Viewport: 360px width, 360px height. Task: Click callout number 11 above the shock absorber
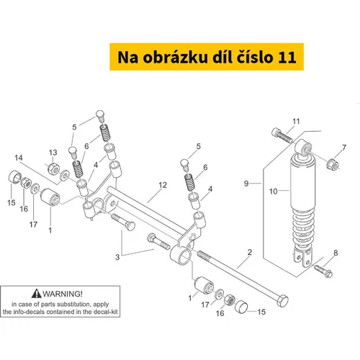[296, 122]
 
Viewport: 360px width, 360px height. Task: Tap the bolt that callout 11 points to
[282, 135]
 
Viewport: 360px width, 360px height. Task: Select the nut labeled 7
[333, 163]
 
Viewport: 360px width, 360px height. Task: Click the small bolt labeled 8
[323, 271]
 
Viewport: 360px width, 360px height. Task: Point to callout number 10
[274, 192]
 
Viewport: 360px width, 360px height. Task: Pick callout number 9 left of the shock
[246, 184]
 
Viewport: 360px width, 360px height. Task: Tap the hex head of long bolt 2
[282, 300]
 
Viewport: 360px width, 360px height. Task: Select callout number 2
[250, 253]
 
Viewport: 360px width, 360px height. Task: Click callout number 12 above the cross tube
[163, 185]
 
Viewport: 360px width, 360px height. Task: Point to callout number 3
[117, 257]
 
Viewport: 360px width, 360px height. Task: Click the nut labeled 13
[53, 168]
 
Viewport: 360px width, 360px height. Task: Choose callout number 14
[19, 158]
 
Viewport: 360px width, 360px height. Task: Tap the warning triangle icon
[36, 294]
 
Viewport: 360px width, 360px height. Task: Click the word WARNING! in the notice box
[63, 294]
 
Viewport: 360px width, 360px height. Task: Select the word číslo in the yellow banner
[256, 57]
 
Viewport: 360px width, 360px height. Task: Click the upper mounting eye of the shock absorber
[304, 146]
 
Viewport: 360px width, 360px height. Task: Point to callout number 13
[53, 153]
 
